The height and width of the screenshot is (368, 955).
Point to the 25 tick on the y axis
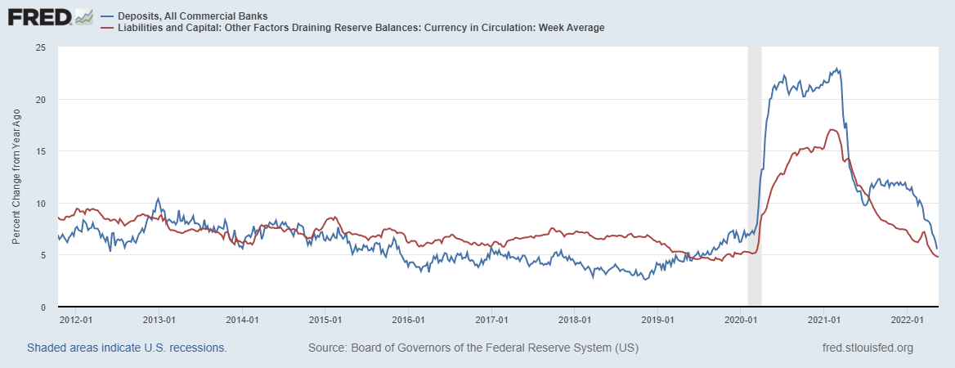click(x=39, y=47)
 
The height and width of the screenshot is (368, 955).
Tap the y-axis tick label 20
click(x=39, y=100)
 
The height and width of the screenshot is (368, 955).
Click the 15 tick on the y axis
click(x=39, y=151)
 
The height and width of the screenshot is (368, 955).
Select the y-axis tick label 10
click(x=39, y=204)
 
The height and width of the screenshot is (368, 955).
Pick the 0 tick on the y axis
click(x=42, y=307)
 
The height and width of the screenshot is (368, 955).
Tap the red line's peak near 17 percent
click(x=832, y=129)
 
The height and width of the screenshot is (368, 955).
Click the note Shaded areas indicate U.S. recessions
click(x=127, y=348)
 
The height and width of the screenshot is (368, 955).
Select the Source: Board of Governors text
click(x=473, y=348)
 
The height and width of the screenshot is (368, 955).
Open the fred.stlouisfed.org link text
click(x=867, y=348)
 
